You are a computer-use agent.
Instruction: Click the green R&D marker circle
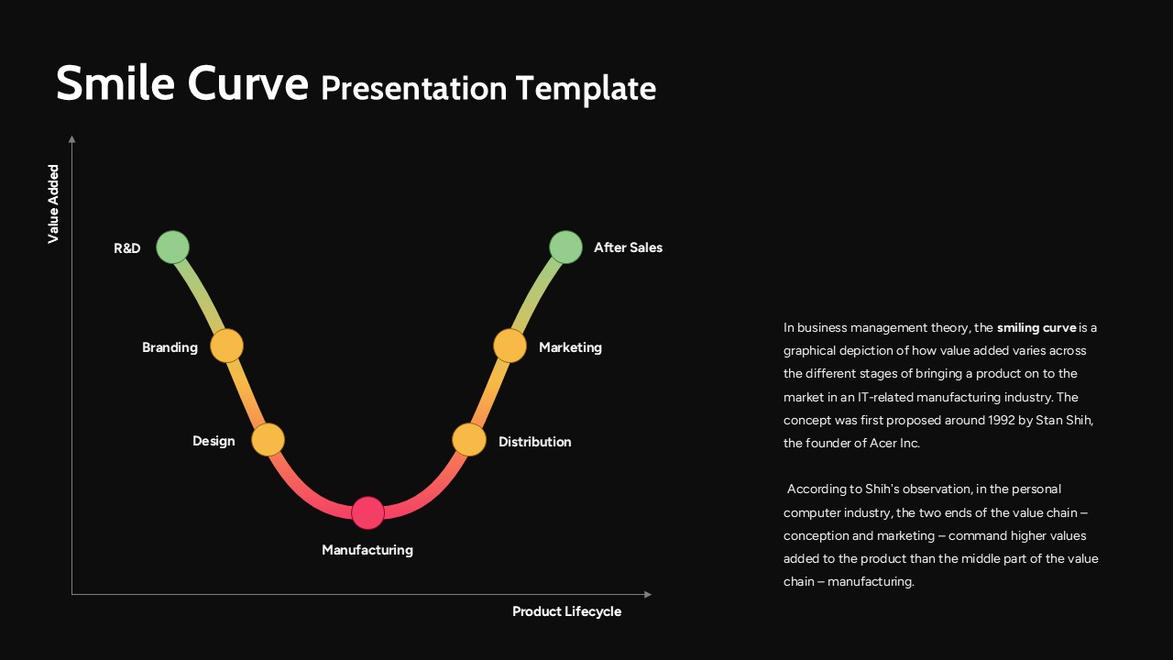[x=172, y=247]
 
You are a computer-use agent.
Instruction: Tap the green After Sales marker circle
[x=565, y=247]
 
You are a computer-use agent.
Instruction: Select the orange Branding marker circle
[x=226, y=346]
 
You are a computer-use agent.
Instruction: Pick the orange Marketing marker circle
[x=510, y=346]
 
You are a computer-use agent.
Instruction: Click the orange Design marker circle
[x=269, y=440]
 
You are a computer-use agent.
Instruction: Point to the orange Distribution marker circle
[x=469, y=440]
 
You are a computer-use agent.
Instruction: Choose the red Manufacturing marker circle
[x=367, y=513]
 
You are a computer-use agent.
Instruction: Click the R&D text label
[x=127, y=248]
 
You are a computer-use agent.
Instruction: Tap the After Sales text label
[x=628, y=247]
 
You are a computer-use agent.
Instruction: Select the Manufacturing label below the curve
[x=367, y=550]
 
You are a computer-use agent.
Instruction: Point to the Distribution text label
[x=534, y=442]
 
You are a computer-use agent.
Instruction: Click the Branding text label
[x=170, y=347]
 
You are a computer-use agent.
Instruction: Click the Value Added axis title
[x=53, y=204]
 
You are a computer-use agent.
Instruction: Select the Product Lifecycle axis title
[x=566, y=611]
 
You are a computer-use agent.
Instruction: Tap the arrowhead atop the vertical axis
[x=71, y=139]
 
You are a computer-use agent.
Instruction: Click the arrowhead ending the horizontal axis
[x=648, y=594]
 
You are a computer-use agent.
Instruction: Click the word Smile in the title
[x=115, y=84]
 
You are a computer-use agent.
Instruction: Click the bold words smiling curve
[x=1036, y=327]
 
